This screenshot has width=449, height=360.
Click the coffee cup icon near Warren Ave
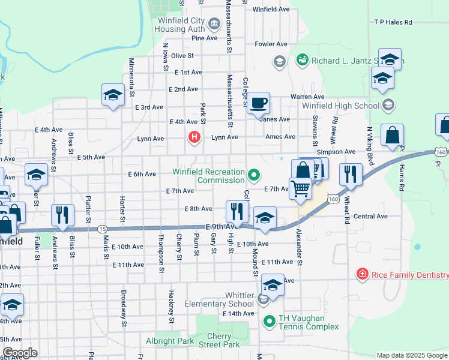[x=258, y=103]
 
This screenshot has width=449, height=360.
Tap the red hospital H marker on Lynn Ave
[x=194, y=137]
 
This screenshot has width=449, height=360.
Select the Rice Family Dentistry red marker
[x=362, y=275]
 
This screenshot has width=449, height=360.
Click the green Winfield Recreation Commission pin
[x=255, y=175]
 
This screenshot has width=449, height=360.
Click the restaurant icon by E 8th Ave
[x=237, y=211]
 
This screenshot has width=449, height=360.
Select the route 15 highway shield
[x=103, y=229]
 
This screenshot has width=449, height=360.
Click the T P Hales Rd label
[x=393, y=22]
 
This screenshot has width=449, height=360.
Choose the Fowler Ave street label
[x=271, y=44]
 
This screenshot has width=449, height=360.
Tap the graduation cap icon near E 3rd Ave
[x=112, y=96]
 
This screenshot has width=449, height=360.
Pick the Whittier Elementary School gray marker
[x=263, y=299]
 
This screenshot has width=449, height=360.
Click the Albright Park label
[x=170, y=341]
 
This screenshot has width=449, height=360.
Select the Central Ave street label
[x=370, y=216]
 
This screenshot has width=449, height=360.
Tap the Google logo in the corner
[x=19, y=353]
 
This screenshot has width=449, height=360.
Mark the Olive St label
[x=182, y=56]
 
